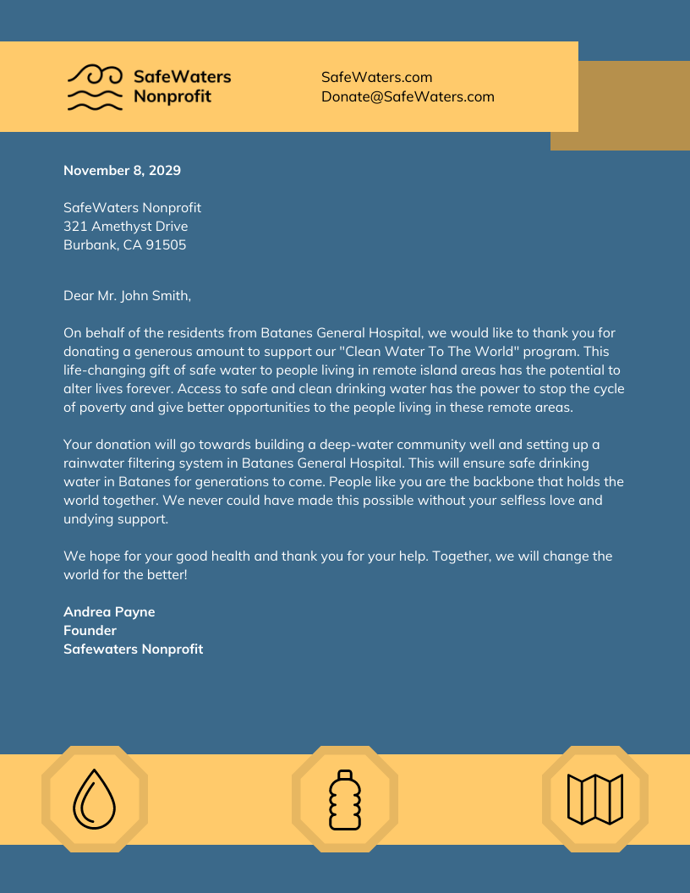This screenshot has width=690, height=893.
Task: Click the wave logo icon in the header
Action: pyautogui.click(x=96, y=88)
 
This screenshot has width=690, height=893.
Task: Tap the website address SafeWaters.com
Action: pyautogui.click(x=376, y=77)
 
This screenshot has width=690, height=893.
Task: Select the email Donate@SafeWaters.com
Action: pyautogui.click(x=408, y=96)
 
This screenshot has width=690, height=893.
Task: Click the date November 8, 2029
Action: pyautogui.click(x=122, y=170)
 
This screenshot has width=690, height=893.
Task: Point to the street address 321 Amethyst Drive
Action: pyautogui.click(x=126, y=227)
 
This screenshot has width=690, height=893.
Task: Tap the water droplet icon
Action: pyautogui.click(x=95, y=798)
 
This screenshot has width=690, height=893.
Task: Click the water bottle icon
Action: pyautogui.click(x=345, y=798)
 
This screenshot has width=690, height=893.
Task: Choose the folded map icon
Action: pyautogui.click(x=595, y=798)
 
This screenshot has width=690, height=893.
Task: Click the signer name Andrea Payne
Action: pyautogui.click(x=109, y=611)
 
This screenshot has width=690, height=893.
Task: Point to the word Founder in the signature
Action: pyautogui.click(x=90, y=630)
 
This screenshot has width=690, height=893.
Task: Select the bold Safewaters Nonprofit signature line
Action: pyautogui.click(x=133, y=649)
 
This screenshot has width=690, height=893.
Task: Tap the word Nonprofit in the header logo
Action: pyautogui.click(x=172, y=96)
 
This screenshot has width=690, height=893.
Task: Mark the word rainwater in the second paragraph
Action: pyautogui.click(x=94, y=463)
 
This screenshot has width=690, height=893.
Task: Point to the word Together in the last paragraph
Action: pyautogui.click(x=460, y=556)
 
